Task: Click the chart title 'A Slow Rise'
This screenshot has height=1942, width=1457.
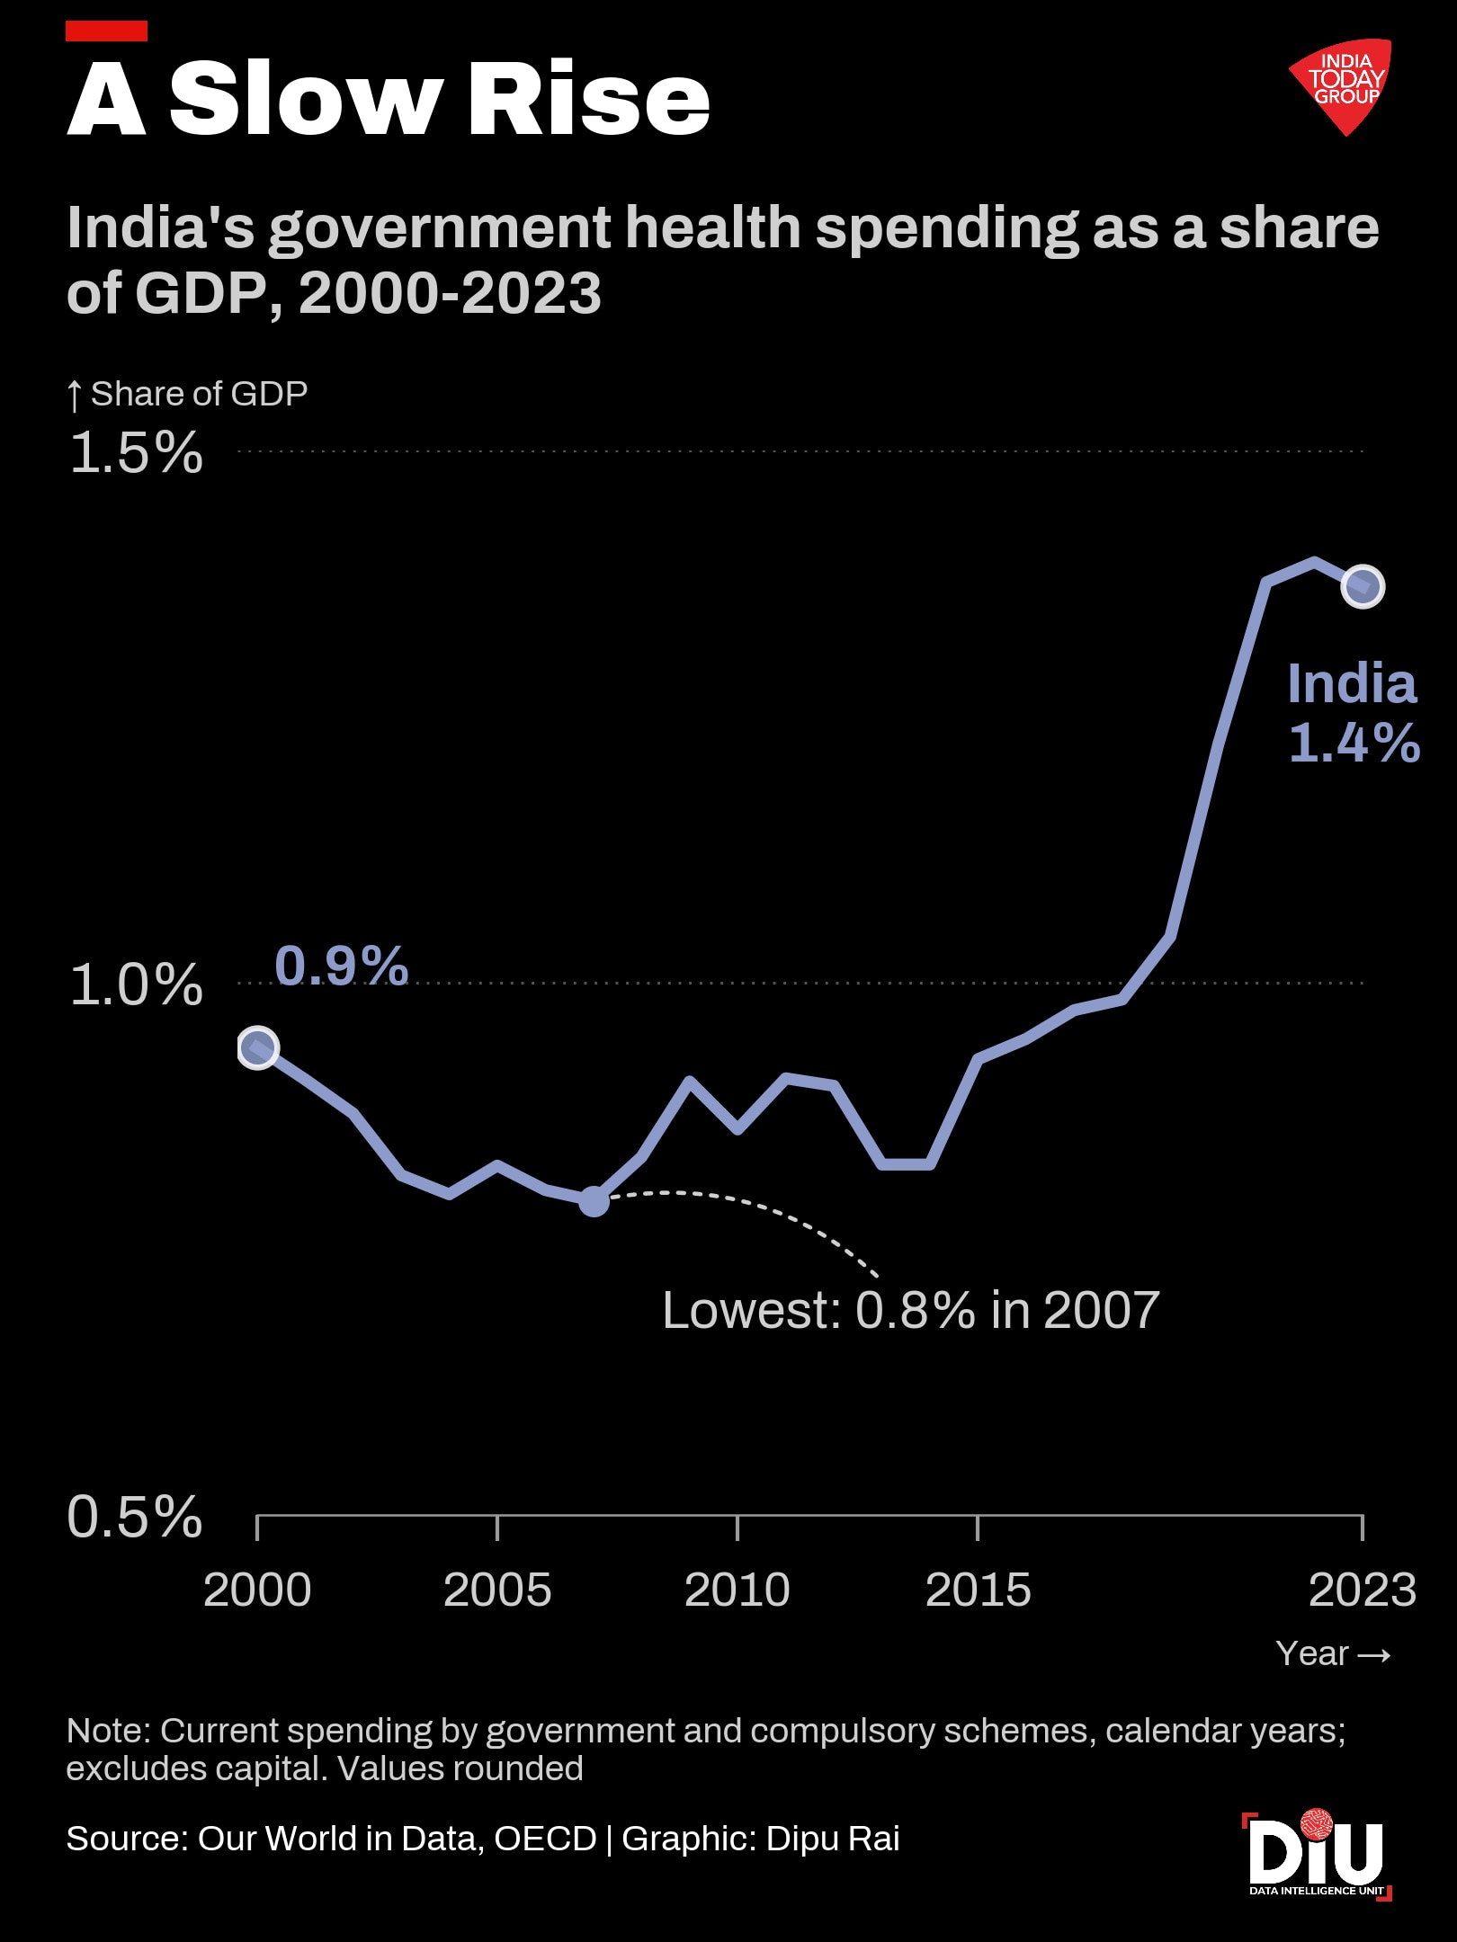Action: point(389,98)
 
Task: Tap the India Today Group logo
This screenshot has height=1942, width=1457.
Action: point(1342,86)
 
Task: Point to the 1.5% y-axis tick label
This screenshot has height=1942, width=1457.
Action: point(136,452)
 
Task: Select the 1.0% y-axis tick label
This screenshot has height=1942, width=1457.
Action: point(136,984)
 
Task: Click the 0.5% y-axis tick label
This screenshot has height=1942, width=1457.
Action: point(135,1517)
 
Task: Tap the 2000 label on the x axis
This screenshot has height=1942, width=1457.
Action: point(257,1590)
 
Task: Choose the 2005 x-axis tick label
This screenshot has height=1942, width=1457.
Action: point(497,1590)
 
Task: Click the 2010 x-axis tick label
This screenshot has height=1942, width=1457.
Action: point(737,1590)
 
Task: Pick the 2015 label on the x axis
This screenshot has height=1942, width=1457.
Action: point(978,1590)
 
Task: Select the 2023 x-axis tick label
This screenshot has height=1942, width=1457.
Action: point(1363,1590)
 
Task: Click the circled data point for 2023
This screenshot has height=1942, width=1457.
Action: point(1363,586)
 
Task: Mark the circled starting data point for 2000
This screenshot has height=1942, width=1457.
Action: point(258,1047)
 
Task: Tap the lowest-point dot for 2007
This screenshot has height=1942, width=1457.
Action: point(594,1200)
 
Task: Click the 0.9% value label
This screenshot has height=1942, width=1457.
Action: point(342,966)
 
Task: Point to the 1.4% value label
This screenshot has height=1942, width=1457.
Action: point(1354,743)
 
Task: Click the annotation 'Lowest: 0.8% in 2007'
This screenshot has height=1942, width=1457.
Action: point(911,1310)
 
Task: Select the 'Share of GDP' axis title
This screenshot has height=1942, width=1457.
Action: point(187,394)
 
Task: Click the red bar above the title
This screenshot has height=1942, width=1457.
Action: point(107,31)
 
